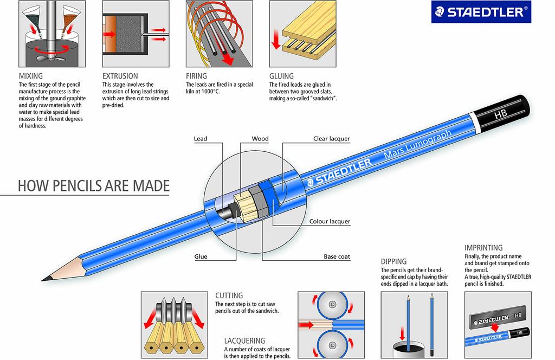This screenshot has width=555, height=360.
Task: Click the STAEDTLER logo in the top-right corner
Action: pos(481,12)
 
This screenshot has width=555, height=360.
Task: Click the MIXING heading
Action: pos(31,76)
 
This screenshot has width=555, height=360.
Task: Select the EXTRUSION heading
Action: pos(120,76)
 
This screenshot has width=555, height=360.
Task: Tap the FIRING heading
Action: pos(196,76)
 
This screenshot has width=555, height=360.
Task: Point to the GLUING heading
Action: pos(281,76)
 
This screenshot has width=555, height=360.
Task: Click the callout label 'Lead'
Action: pos(201,139)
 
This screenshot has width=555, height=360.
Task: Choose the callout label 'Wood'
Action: pos(260,139)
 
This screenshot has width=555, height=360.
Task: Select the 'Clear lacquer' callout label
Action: pos(332,139)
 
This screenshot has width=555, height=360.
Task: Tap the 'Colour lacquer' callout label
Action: pos(330,221)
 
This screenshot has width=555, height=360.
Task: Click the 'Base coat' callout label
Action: pos(337,256)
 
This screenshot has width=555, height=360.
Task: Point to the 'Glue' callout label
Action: pos(201,256)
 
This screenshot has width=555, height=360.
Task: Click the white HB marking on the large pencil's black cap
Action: pos(501,114)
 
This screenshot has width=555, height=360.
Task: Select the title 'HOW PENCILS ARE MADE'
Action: pos(94,186)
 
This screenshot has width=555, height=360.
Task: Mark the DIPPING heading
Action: pos(393,261)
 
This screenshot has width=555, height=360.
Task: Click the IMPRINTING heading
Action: pos(484,248)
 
